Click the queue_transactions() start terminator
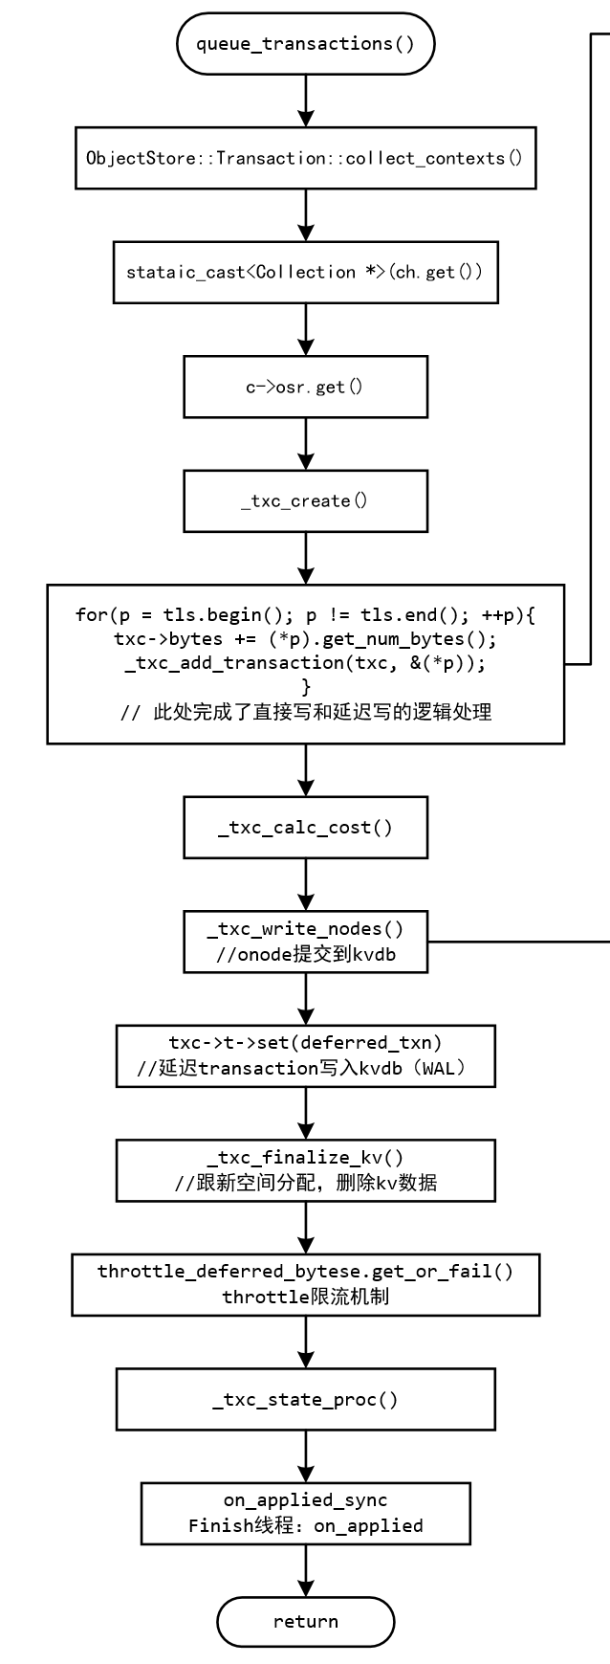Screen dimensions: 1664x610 [305, 43]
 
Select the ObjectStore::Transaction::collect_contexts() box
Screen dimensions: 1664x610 [305, 158]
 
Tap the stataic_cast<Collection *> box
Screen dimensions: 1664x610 [305, 273]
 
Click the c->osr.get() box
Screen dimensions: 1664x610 [305, 387]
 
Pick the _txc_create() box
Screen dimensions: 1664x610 [305, 501]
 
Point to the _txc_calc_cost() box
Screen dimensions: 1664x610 [305, 828]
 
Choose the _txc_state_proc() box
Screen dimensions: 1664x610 [305, 1400]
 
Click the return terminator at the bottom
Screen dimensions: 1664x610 [305, 1622]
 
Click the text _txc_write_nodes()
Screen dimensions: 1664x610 [305, 929]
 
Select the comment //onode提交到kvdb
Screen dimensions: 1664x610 [305, 954]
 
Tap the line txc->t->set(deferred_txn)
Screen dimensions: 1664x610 [305, 1043]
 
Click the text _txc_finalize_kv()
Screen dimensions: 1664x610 [305, 1158]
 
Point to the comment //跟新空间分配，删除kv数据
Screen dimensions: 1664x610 [305, 1183]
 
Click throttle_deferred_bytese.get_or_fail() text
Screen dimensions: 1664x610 [305, 1272]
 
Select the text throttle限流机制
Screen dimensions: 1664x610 [305, 1298]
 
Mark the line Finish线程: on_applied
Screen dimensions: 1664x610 [305, 1526]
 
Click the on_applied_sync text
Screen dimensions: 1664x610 [305, 1500]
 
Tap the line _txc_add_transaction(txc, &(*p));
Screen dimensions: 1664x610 [305, 662]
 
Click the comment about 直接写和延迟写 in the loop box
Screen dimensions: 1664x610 [305, 712]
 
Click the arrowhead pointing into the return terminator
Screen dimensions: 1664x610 [305, 1588]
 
